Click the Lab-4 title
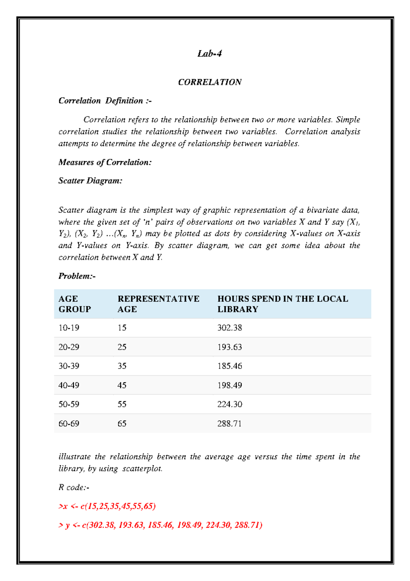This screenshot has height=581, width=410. (x=209, y=54)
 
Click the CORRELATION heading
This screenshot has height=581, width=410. (x=209, y=82)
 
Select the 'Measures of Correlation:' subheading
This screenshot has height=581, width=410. (x=105, y=162)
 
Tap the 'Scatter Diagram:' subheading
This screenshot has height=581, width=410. (x=90, y=181)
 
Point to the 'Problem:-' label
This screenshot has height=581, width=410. (x=77, y=276)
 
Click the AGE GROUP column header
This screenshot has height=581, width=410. (x=74, y=304)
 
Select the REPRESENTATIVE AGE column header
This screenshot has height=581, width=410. (x=158, y=304)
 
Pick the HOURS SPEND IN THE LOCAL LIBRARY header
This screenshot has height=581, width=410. (x=283, y=304)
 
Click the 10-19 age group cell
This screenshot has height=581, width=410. (x=69, y=328)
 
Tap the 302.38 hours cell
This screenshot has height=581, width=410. (x=230, y=328)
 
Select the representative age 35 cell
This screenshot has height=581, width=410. (x=122, y=366)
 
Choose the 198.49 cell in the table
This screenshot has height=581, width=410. (x=230, y=385)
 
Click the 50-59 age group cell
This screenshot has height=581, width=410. (x=69, y=404)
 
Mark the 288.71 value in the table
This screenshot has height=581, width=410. (x=229, y=424)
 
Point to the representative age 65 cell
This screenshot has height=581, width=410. (x=122, y=424)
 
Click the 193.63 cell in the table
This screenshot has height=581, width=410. (x=230, y=347)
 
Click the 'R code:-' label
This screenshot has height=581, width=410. (x=74, y=487)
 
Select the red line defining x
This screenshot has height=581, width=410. (x=107, y=506)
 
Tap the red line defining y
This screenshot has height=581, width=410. (x=160, y=525)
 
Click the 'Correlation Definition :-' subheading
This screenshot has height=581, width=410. (x=105, y=101)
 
